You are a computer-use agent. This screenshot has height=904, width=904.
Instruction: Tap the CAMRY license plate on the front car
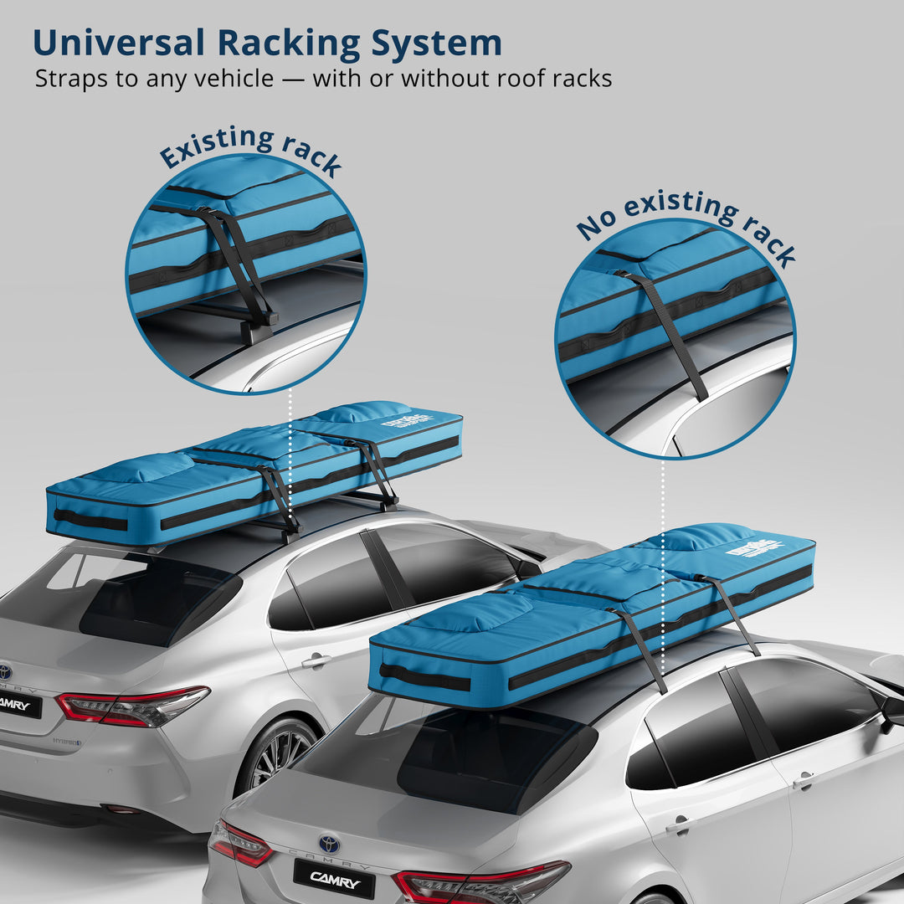333,878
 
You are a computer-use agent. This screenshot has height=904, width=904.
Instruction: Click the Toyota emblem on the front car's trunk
329,843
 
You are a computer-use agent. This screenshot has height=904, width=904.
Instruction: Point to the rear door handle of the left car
316,661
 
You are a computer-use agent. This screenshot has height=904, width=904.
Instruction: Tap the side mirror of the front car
892,712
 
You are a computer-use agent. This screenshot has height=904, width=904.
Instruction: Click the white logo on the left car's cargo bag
408,420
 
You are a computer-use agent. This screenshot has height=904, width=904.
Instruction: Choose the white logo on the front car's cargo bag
756,548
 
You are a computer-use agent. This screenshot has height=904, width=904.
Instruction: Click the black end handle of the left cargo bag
90,520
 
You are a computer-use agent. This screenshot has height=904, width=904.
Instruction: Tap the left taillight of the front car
240,843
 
